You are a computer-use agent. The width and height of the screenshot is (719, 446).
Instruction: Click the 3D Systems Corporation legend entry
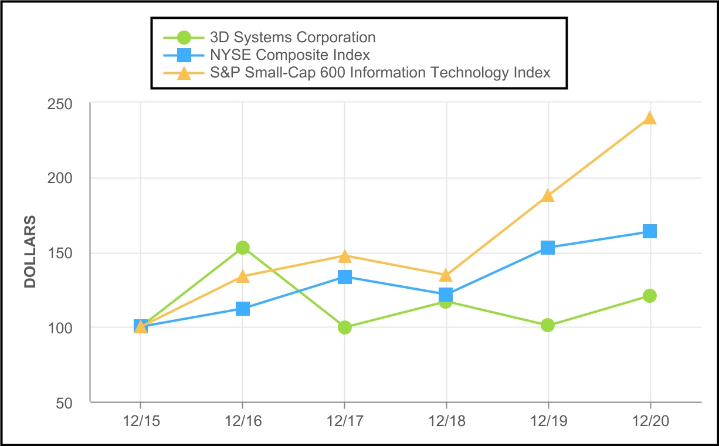click(x=292, y=38)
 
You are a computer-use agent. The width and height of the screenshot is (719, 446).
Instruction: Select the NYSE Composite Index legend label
click(x=290, y=55)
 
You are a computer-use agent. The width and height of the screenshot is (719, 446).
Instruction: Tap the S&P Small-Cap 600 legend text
click(x=380, y=73)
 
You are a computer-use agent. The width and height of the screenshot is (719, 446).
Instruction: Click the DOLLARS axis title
click(x=30, y=252)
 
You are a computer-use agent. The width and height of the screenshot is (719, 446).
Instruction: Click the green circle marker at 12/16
click(x=243, y=248)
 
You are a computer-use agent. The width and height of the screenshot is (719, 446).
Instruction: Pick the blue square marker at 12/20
click(x=650, y=231)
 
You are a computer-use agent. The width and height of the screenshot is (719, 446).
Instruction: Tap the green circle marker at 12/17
click(x=345, y=327)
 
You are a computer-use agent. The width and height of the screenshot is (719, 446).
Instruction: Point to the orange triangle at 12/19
click(x=548, y=195)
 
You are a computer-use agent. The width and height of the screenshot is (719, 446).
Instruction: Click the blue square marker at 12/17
click(x=345, y=276)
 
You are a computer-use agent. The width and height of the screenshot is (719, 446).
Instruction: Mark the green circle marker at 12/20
click(x=650, y=296)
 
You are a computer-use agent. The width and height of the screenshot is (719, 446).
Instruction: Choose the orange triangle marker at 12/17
click(x=345, y=256)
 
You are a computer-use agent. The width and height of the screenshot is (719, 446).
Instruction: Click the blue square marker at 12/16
click(x=243, y=309)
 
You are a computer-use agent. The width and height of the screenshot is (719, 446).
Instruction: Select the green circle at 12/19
click(x=548, y=325)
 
